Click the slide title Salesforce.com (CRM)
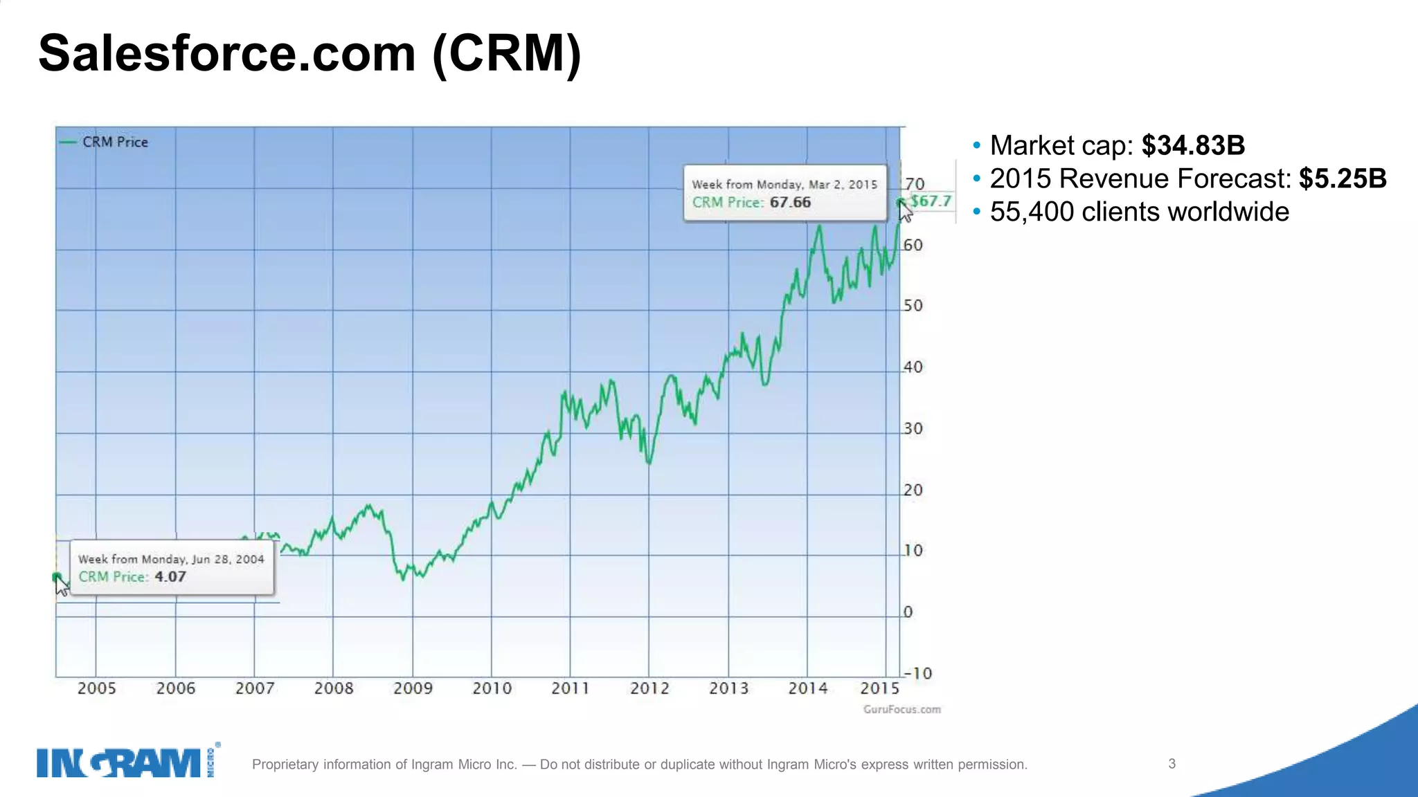point(309,54)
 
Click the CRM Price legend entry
point(114,142)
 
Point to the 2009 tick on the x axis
point(413,688)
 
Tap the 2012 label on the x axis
point(649,688)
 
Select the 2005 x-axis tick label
point(96,688)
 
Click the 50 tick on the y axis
point(913,306)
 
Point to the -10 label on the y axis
point(918,673)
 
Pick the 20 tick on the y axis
point(913,490)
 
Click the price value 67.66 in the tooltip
point(790,203)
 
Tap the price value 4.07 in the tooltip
point(170,577)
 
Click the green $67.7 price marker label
point(931,201)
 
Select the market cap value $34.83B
point(1193,146)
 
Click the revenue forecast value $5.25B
point(1342,178)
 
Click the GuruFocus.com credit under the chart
point(901,709)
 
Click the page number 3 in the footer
point(1172,764)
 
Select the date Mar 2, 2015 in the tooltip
point(843,185)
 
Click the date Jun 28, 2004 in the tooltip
point(228,559)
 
